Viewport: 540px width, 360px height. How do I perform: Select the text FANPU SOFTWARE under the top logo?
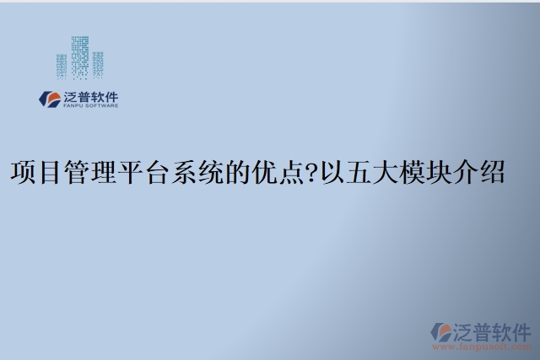coord(91,106)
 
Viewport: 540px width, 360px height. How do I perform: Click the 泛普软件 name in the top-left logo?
coord(91,95)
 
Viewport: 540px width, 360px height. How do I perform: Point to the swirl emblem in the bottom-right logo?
coord(441,333)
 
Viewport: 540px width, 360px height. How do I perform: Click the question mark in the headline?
coord(314,174)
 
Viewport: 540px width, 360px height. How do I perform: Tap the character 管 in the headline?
coord(78,174)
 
